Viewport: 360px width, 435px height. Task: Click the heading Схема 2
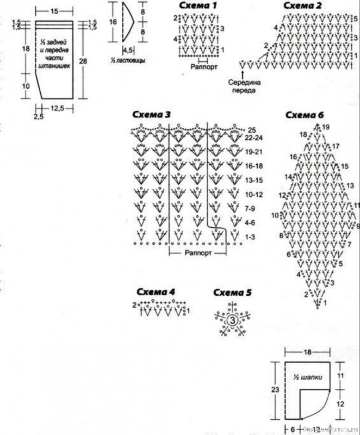point(303,6)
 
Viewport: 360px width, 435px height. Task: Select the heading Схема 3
point(152,115)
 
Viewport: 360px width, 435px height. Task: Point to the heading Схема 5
point(232,293)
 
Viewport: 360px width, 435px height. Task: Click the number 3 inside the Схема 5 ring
point(232,320)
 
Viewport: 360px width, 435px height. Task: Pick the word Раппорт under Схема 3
point(197,253)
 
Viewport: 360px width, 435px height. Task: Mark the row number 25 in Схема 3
point(252,130)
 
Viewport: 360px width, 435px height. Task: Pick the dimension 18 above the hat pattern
point(308,353)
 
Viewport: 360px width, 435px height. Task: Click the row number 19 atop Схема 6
point(326,127)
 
